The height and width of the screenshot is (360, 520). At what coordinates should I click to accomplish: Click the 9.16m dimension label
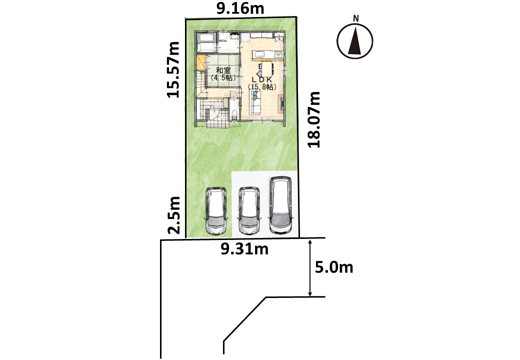tap(240, 8)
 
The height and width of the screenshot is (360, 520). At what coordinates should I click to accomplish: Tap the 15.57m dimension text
tap(173, 69)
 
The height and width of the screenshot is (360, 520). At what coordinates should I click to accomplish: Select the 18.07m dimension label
tap(313, 119)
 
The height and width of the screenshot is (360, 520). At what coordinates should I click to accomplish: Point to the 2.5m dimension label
tap(174, 215)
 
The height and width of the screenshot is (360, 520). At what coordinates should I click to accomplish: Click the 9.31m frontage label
tap(244, 249)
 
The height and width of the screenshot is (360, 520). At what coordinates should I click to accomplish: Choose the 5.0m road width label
tap(334, 267)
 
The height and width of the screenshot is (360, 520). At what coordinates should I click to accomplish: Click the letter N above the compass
tap(356, 18)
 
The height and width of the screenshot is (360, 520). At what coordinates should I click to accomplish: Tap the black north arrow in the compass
tap(355, 42)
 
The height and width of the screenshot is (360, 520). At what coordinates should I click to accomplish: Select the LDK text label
tap(262, 80)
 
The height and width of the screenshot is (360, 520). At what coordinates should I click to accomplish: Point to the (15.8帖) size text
tap(262, 87)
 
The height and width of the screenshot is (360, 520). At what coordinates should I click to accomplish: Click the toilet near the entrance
tap(235, 115)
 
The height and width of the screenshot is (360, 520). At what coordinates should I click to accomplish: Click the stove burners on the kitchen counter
tap(279, 54)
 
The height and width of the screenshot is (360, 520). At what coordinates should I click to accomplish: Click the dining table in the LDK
tap(267, 68)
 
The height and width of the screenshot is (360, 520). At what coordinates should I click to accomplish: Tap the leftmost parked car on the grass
tap(216, 211)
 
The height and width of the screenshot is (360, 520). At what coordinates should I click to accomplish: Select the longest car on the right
tap(280, 205)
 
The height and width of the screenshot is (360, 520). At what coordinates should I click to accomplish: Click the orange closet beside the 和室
tap(201, 62)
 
